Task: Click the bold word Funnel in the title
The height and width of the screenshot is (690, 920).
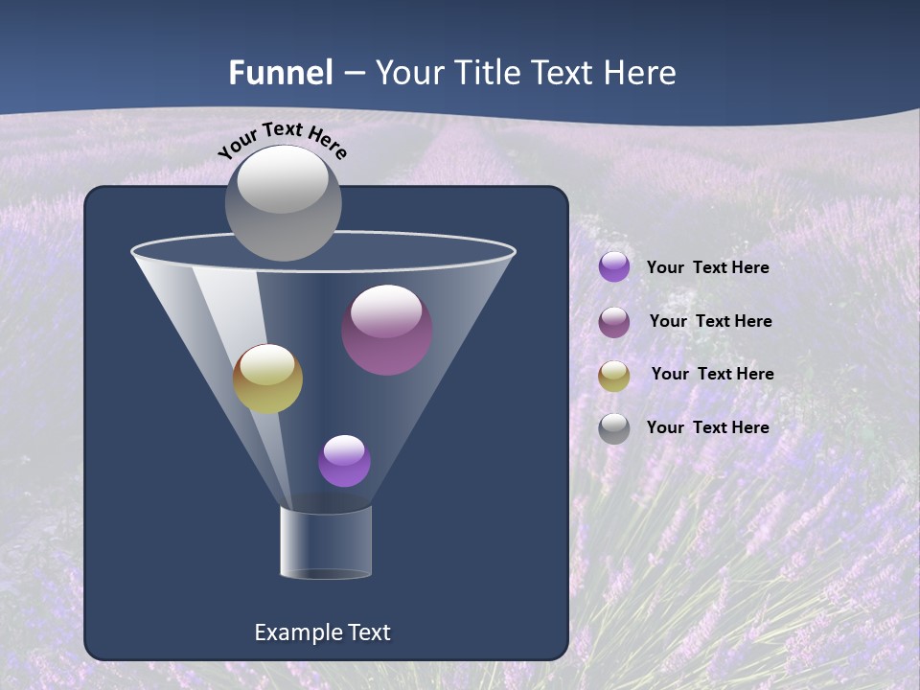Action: [x=281, y=73]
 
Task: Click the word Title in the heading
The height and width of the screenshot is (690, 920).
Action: [x=485, y=73]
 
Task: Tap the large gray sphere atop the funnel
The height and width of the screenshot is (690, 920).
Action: [x=283, y=203]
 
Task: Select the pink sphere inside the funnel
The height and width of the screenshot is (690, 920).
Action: [x=387, y=330]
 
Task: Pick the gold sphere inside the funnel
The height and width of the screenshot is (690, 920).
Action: [x=267, y=379]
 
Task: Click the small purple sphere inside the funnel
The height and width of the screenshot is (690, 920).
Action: [x=344, y=461]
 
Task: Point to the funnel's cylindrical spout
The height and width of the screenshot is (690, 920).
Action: [x=326, y=542]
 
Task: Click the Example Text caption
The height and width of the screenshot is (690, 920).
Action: [x=322, y=632]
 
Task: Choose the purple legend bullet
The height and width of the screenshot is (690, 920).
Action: [x=614, y=267]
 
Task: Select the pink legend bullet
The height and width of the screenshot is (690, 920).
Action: [x=614, y=322]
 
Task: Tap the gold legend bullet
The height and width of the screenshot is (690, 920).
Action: [x=614, y=376]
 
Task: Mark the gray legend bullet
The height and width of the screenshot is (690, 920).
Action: [x=614, y=428]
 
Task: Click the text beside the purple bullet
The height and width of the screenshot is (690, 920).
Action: [x=707, y=268]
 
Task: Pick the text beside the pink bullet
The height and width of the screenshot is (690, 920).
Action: [x=710, y=322]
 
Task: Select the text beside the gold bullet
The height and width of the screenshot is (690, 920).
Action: [x=712, y=375]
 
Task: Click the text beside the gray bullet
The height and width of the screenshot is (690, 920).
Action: [x=707, y=427]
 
